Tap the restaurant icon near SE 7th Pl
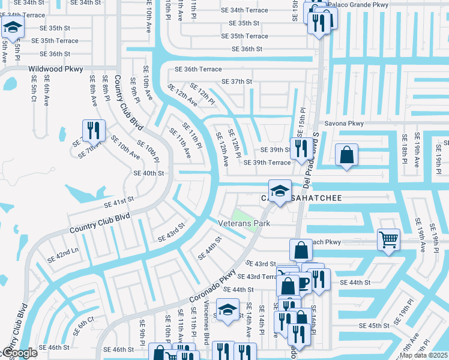pyautogui.click(x=94, y=130)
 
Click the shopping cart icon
pyautogui.click(x=388, y=239)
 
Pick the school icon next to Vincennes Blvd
pyautogui.click(x=228, y=310)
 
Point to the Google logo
pyautogui.click(x=19, y=353)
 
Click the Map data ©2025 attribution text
pyautogui.click(x=424, y=355)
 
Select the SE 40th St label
pyautogui.click(x=149, y=173)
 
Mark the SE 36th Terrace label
pyautogui.click(x=198, y=70)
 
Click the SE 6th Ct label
pyautogui.click(x=83, y=325)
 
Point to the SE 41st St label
pyautogui.click(x=119, y=202)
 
